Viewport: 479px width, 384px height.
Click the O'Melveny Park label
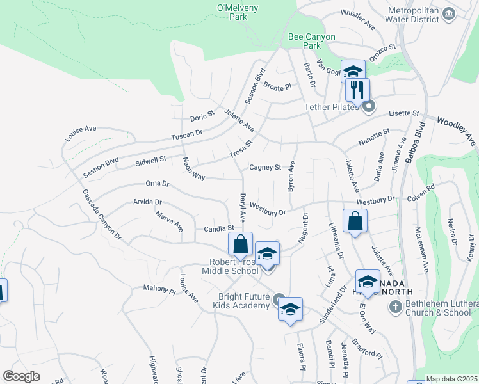[x=232, y=12]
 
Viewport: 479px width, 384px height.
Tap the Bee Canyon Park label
[x=312, y=42]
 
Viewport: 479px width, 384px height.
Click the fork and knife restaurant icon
[x=357, y=90]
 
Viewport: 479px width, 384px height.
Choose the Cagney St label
[x=265, y=168]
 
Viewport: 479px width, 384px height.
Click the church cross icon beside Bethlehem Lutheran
[x=395, y=307]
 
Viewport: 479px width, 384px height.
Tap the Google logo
[x=21, y=376]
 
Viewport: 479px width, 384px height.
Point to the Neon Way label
[x=193, y=169]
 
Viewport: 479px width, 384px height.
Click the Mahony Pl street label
[x=159, y=289]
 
